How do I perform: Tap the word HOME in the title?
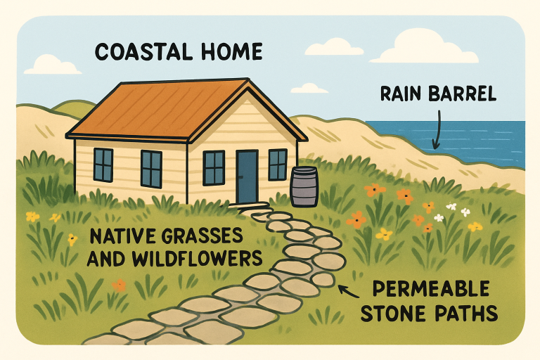point(230,52)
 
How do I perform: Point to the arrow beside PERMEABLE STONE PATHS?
point(345,288)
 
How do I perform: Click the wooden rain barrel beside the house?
point(304,186)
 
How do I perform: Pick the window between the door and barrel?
point(278,165)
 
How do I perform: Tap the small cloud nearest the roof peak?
point(309,88)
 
